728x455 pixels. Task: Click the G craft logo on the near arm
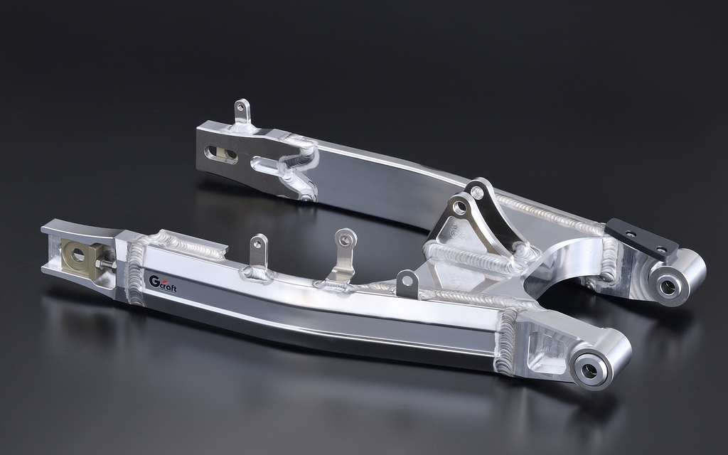163,284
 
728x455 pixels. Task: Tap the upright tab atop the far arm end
242,112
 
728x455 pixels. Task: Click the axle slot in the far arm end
222,154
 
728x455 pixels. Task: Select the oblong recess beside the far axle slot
268,166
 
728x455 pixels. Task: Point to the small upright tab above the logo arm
259,251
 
